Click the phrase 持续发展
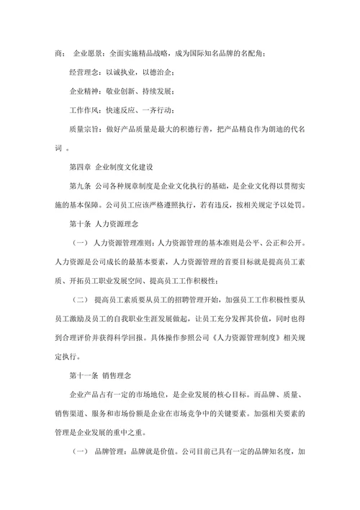click(157, 91)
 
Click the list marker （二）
click(81, 298)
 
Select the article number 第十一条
click(85, 375)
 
